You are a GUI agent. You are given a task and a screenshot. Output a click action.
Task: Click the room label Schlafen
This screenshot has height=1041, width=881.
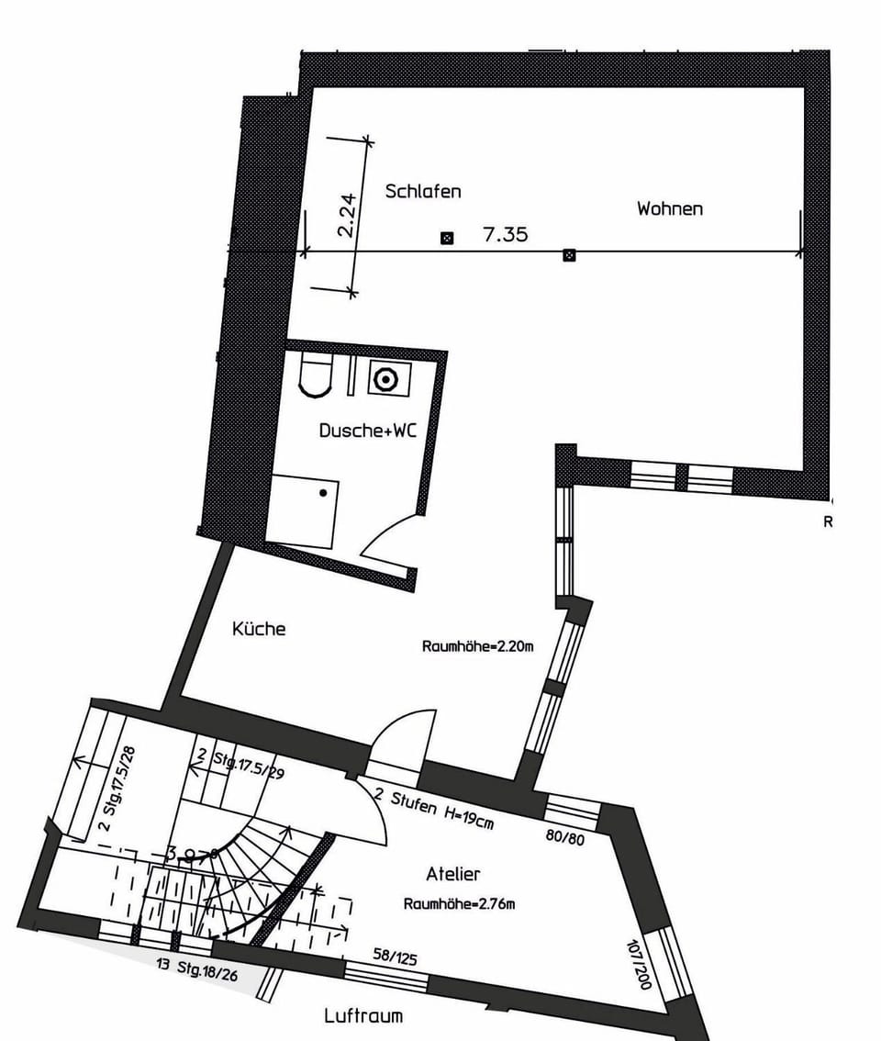pyautogui.click(x=422, y=192)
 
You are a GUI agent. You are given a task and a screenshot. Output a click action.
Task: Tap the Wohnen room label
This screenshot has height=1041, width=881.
pyautogui.click(x=670, y=209)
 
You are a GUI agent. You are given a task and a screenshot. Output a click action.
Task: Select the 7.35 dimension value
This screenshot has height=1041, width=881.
pyautogui.click(x=506, y=235)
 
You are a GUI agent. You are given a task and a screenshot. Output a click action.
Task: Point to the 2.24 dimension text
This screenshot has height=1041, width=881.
pyautogui.click(x=346, y=217)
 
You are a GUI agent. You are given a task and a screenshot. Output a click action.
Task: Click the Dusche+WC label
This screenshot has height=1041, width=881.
pyautogui.click(x=367, y=431)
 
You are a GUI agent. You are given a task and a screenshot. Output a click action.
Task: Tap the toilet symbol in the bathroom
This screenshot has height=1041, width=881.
pyautogui.click(x=315, y=376)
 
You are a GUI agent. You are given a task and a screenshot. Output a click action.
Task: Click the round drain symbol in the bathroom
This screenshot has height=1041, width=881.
pyautogui.click(x=385, y=378)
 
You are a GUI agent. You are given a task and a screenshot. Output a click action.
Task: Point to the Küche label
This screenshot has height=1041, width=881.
pyautogui.click(x=259, y=630)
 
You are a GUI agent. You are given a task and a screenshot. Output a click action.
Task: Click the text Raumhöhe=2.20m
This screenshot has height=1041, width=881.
pyautogui.click(x=477, y=646)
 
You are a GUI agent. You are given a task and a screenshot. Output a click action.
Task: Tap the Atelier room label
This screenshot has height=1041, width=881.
pyautogui.click(x=453, y=874)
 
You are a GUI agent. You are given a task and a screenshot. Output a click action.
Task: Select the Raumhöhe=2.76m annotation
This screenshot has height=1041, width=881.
pyautogui.click(x=459, y=903)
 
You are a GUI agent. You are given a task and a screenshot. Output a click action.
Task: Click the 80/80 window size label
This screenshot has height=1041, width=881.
pyautogui.click(x=563, y=838)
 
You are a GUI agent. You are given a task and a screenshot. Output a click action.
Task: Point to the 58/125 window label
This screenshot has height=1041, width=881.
pyautogui.click(x=395, y=958)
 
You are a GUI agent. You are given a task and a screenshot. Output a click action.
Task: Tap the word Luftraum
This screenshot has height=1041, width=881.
pyautogui.click(x=363, y=1016)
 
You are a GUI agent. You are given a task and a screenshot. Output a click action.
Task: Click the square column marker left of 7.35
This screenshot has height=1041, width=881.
pyautogui.click(x=447, y=239)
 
